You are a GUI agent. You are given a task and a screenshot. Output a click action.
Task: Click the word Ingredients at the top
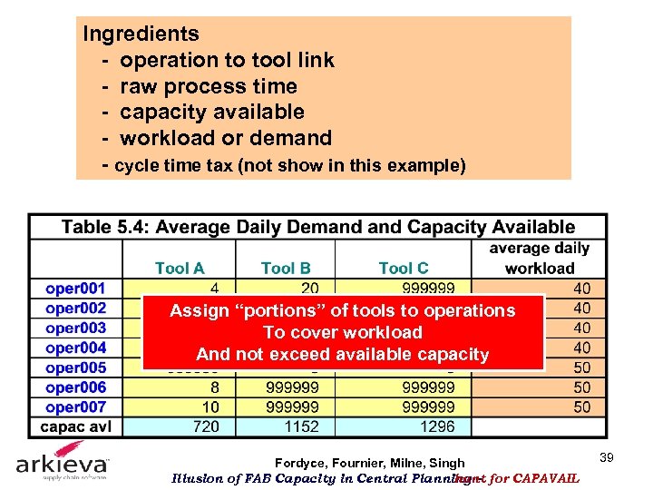pos(141,34)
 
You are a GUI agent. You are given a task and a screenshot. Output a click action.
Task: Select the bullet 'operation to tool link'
pos(227,61)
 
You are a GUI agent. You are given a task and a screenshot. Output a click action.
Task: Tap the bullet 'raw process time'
pos(209,87)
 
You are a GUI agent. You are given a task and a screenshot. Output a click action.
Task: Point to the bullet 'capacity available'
pos(212,113)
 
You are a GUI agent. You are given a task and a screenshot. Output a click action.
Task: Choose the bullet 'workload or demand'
pos(226,139)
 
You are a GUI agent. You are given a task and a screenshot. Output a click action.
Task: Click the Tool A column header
pos(180,268)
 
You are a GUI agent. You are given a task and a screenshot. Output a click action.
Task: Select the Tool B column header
pos(286,268)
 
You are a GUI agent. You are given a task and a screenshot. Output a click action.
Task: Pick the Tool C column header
pos(404,268)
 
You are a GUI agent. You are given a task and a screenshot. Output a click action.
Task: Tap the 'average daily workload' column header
pos(540,258)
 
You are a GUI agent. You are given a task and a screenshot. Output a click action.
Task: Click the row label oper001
pos(75,289)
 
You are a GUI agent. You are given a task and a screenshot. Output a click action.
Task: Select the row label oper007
pos(75,407)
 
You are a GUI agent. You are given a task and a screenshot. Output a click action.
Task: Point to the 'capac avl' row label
pos(75,426)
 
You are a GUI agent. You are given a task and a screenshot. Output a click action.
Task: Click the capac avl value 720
pos(206,426)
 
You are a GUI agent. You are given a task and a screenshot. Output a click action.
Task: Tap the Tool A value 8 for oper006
pos(212,387)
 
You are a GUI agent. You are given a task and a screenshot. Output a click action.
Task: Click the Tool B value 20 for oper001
pos(309,289)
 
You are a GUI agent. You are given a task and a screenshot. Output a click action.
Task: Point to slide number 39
pos(607,458)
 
